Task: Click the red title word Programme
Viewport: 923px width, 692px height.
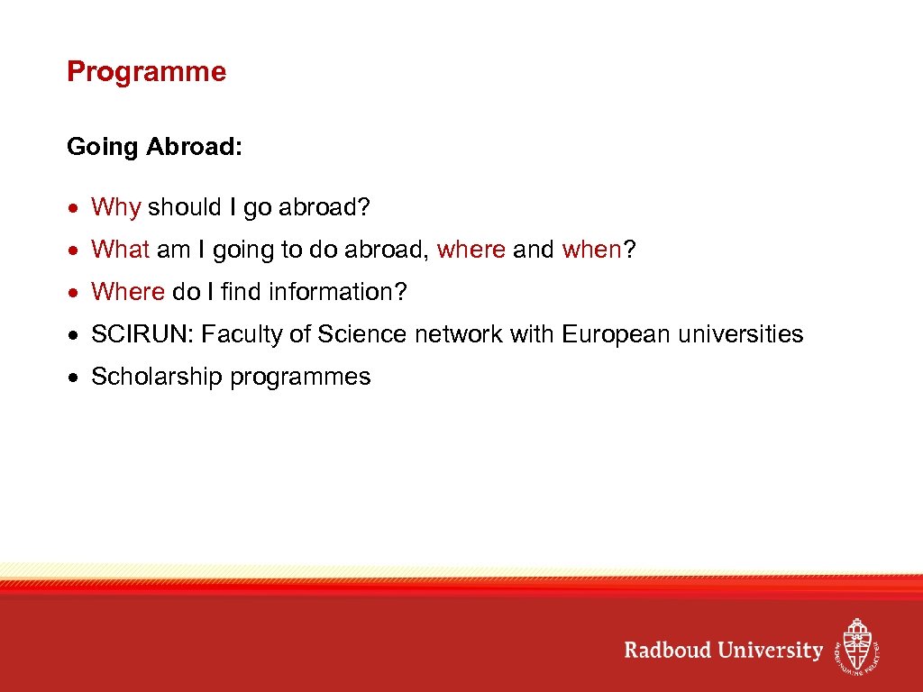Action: point(146,72)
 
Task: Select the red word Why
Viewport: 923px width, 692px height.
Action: point(115,207)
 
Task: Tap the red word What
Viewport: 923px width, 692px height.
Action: point(120,250)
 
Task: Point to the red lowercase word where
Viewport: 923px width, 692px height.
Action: point(471,250)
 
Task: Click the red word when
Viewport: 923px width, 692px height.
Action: point(591,250)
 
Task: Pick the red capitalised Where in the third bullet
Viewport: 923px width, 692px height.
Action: point(128,292)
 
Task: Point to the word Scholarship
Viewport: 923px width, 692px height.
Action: point(157,377)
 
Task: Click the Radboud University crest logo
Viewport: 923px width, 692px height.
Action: point(856,645)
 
